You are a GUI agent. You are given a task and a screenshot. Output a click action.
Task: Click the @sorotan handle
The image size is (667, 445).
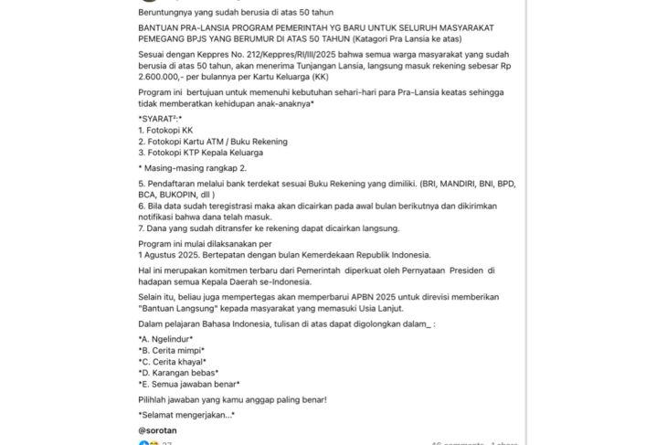tap(159, 429)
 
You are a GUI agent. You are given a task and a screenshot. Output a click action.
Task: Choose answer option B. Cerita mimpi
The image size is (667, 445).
tap(171, 350)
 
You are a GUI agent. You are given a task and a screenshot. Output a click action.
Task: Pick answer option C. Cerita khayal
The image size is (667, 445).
tap(172, 361)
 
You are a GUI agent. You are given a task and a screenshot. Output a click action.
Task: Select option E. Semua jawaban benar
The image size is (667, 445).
tap(188, 384)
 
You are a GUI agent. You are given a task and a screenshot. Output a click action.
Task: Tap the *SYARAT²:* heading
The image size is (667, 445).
tap(160, 119)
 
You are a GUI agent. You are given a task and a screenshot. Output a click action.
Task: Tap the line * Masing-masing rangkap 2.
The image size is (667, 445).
tap(193, 169)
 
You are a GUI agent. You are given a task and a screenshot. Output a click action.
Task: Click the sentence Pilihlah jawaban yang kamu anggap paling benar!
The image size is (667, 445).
tap(232, 399)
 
